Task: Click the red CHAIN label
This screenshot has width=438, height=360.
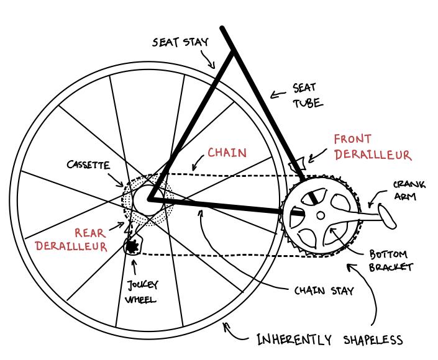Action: pos(227,153)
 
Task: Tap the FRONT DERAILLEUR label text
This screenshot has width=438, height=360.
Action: pos(372,147)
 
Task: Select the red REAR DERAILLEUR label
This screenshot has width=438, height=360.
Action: pos(71,239)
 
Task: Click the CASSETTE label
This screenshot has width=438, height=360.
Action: pos(88,165)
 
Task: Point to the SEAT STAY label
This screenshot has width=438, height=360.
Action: pos(180,42)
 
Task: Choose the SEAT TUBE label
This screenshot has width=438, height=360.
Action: pos(307,96)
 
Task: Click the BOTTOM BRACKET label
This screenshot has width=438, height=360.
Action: pos(391,261)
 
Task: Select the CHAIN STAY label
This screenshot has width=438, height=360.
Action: pos(324,290)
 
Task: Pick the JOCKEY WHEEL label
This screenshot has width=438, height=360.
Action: pos(142,292)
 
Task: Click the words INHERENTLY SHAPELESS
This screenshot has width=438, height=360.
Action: pos(330,340)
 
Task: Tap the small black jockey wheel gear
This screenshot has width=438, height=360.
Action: pos(132,247)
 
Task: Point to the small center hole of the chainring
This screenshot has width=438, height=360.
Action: pos(320,216)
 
